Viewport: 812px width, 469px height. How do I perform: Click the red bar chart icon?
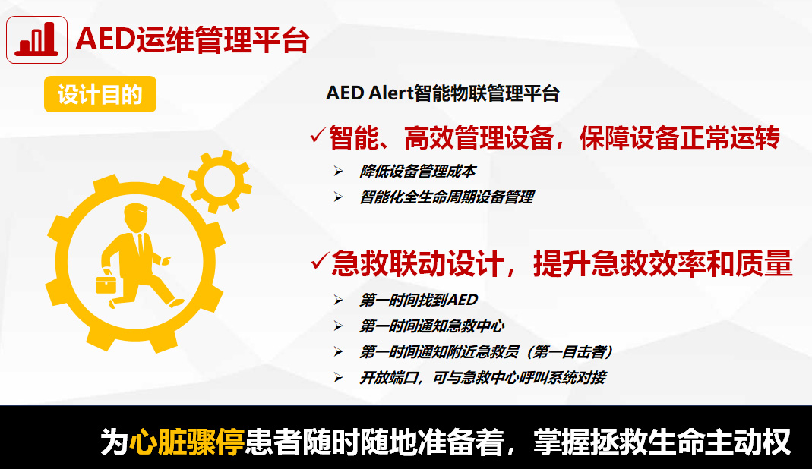click(x=36, y=40)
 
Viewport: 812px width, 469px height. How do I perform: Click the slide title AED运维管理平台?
click(x=193, y=40)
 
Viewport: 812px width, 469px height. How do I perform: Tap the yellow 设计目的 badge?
click(x=100, y=94)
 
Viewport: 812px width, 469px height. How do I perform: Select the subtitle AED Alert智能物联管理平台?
click(x=443, y=93)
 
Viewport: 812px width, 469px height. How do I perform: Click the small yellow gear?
click(x=220, y=181)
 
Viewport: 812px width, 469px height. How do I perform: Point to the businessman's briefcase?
click(x=106, y=285)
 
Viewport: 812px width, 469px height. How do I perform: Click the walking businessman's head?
click(x=136, y=217)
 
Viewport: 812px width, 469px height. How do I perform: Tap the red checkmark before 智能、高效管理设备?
click(x=318, y=135)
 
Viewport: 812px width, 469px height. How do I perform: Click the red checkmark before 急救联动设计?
click(x=320, y=260)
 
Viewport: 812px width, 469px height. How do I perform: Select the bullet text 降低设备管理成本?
click(x=417, y=172)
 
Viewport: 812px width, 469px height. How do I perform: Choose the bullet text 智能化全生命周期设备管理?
click(x=447, y=197)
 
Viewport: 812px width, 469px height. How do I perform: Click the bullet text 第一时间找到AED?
click(x=419, y=301)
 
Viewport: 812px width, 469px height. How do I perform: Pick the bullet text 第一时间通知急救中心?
click(x=432, y=326)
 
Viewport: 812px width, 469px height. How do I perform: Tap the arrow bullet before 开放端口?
click(x=338, y=378)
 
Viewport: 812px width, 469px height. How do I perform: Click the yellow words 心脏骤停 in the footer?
click(x=186, y=442)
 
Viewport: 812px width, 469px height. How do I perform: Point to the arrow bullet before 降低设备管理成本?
click(x=338, y=172)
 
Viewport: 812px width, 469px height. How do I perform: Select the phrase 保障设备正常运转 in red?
click(x=679, y=138)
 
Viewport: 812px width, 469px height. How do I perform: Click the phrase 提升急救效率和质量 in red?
click(x=663, y=263)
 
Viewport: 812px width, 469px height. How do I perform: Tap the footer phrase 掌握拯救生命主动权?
click(x=662, y=442)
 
